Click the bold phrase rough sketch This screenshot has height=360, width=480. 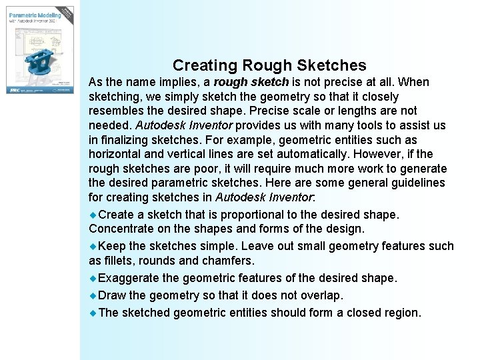[251, 82]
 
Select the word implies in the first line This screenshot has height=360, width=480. [175, 82]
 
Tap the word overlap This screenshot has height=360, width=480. [321, 295]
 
